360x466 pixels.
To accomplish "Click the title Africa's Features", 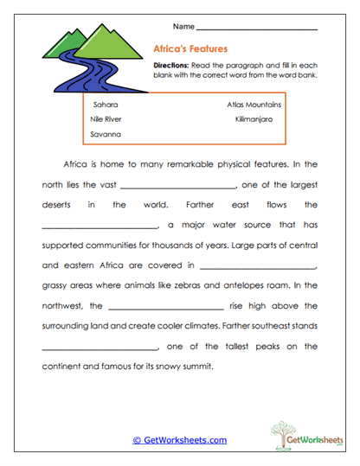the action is [190, 49].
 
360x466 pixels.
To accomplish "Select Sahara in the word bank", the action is [105, 104].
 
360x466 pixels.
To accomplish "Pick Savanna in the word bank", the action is [106, 135].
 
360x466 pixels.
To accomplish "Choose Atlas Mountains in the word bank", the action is [254, 104].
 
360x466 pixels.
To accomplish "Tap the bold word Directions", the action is [171, 66].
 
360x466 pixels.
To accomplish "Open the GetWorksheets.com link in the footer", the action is [180, 440].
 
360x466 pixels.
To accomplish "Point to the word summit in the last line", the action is [194, 367].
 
